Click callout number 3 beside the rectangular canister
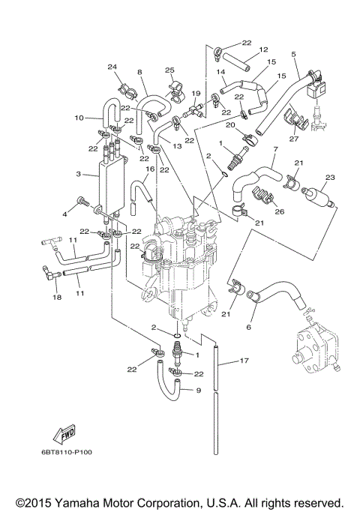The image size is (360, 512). click(x=79, y=174)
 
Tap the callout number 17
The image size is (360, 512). click(x=244, y=361)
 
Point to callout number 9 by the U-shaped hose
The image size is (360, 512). click(x=199, y=390)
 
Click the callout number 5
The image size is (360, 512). click(x=293, y=54)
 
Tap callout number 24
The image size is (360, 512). click(x=113, y=67)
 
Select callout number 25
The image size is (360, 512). click(x=169, y=70)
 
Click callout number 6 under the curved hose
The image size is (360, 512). click(x=249, y=327)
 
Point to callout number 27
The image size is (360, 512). click(x=294, y=138)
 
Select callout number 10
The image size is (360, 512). click(x=79, y=118)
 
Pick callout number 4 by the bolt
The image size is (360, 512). click(x=65, y=214)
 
